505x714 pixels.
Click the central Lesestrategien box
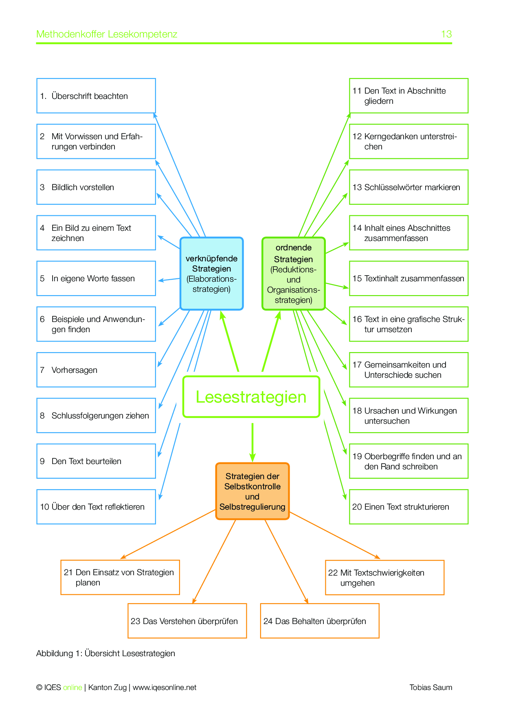click(251, 397)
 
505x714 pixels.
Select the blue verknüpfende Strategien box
click(211, 274)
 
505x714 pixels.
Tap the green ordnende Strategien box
click(293, 274)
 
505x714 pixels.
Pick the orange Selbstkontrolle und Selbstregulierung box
click(252, 491)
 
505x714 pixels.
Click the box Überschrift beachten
click(96, 96)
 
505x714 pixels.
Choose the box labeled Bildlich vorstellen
click(96, 187)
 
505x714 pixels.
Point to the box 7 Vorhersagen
click(96, 370)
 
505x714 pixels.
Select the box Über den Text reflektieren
click(96, 507)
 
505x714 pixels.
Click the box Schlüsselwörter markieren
click(408, 187)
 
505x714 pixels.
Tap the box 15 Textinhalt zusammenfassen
click(408, 278)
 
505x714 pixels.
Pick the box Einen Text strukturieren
click(408, 507)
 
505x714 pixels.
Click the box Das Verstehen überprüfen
click(187, 621)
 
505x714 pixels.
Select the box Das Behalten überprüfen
click(320, 621)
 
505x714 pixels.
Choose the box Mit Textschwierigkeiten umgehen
click(384, 578)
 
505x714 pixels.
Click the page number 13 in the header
click(446, 34)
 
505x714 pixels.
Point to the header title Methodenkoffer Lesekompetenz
click(107, 34)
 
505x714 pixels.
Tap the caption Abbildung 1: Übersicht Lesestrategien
click(105, 653)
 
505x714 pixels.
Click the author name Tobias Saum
click(430, 688)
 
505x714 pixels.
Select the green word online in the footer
click(72, 688)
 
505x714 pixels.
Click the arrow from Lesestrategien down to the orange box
click(253, 442)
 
